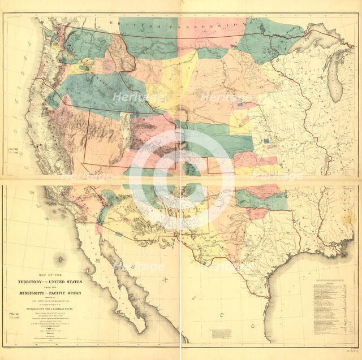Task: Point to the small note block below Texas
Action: [221, 333]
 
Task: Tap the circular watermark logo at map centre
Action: [181, 180]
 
